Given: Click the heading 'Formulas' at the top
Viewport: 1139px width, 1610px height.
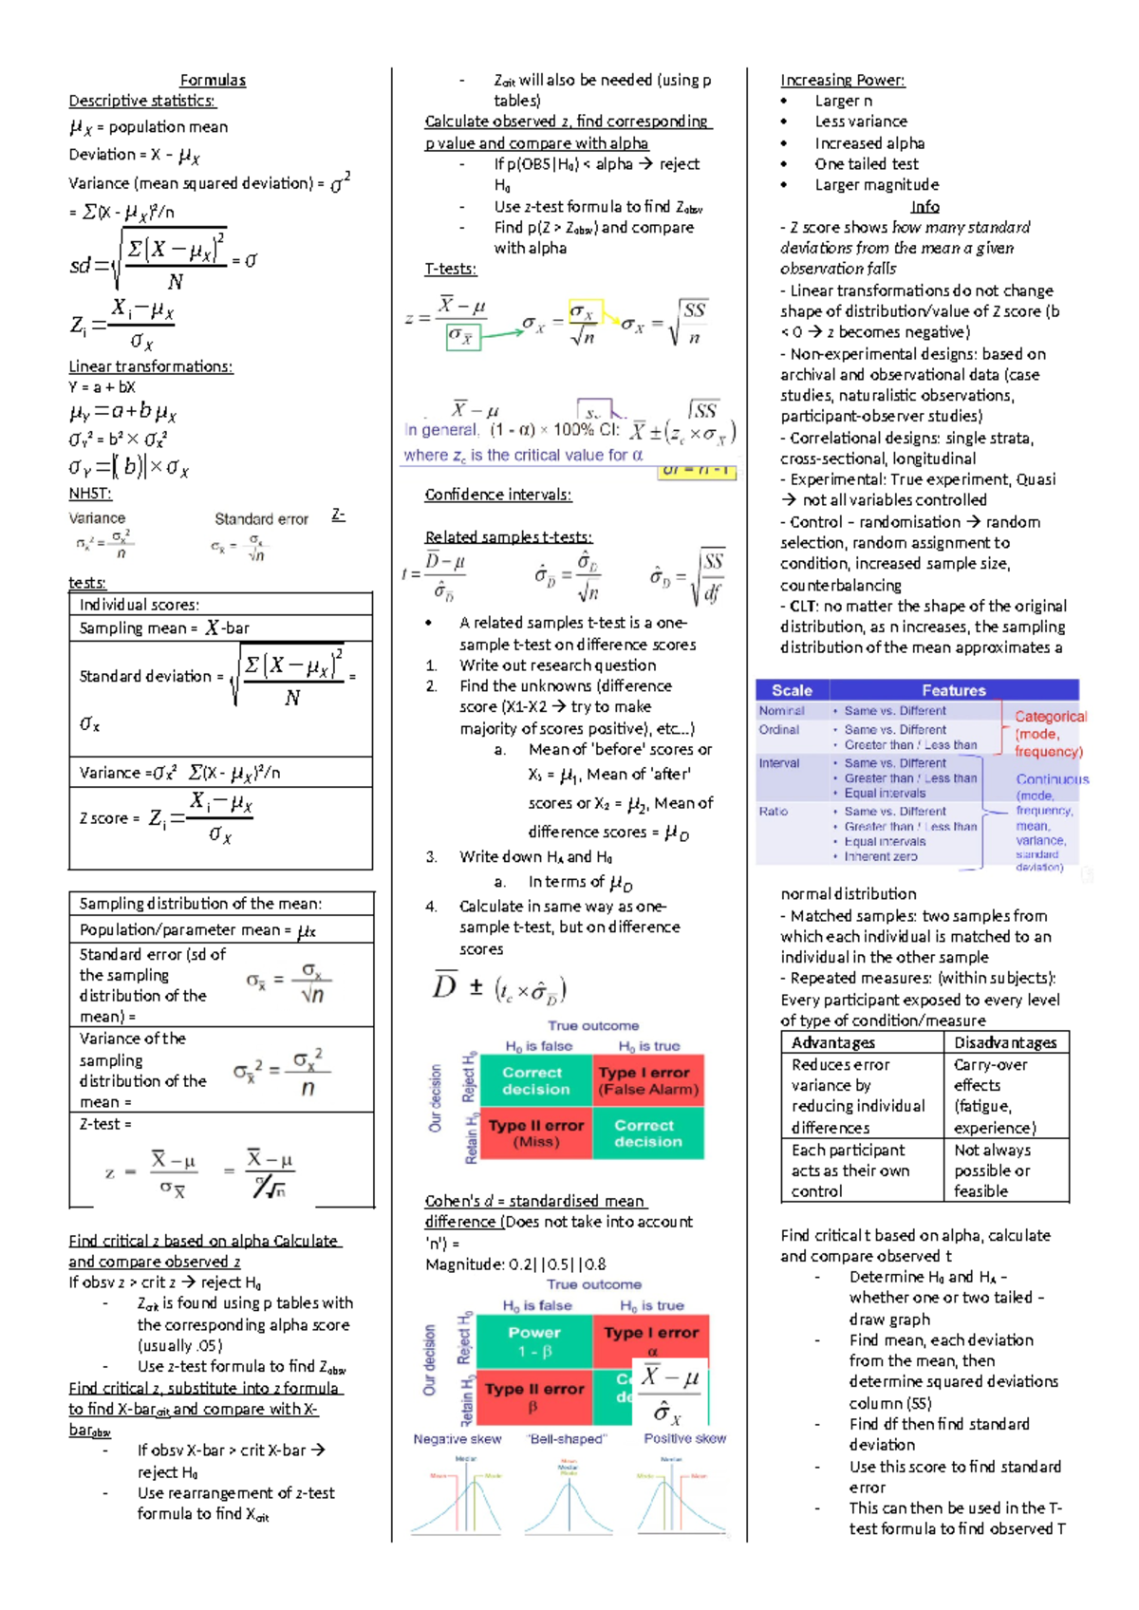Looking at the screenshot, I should coord(213,81).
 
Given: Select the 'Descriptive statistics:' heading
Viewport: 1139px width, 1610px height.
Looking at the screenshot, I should coord(142,101).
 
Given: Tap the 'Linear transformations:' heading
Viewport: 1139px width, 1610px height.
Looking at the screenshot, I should coord(151,366).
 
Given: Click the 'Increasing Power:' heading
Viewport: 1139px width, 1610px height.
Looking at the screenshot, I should coord(843,81).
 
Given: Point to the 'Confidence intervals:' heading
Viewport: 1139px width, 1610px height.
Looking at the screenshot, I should coord(498,495).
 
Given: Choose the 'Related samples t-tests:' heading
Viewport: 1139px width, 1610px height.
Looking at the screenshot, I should coord(509,537).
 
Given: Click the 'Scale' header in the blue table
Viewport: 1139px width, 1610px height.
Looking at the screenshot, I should coord(792,690).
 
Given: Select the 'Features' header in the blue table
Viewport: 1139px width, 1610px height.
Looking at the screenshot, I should coord(954,690).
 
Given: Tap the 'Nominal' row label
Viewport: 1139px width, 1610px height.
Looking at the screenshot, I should coord(781,711).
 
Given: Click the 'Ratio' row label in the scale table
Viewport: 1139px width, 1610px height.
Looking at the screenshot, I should coord(774,812).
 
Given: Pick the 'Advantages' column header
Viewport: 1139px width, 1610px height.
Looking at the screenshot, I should coord(833,1042).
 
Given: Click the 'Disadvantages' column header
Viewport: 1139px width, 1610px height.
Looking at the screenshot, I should coord(1005,1042).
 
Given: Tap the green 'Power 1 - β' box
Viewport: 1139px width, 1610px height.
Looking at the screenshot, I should coord(534,1341).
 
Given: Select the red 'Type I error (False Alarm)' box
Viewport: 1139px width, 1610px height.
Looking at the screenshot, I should coord(648,1080).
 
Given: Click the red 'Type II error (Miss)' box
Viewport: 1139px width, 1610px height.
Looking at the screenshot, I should coord(536,1133).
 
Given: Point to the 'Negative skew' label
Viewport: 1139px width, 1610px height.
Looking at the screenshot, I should coord(457,1439).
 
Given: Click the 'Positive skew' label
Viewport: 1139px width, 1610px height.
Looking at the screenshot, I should coord(685,1439).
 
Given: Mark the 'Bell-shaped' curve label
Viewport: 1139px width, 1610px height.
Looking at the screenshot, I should coord(567,1439).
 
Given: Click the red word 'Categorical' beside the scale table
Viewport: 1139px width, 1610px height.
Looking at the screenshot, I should coord(1051,717).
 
